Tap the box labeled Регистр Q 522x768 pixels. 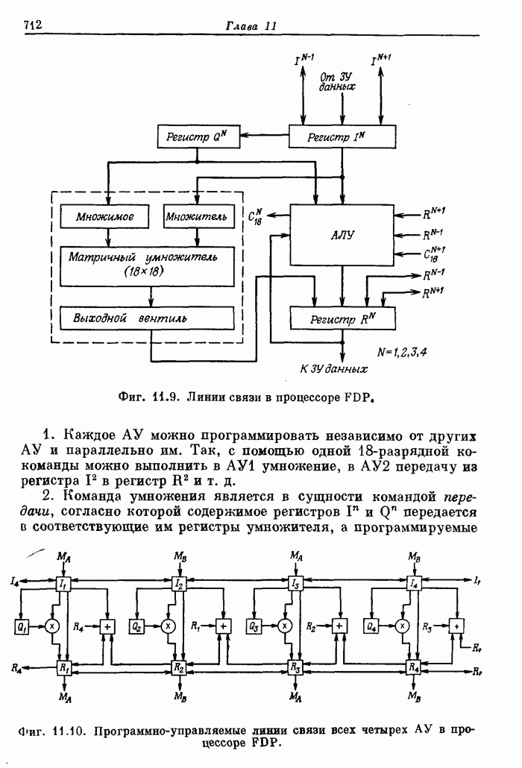point(196,136)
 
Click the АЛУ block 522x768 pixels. point(342,235)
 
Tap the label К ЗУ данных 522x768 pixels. point(333,368)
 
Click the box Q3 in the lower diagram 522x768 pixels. point(254,626)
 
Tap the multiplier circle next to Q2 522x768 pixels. point(168,626)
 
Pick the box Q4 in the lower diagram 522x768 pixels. point(371,626)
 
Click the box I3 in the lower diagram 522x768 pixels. point(296,584)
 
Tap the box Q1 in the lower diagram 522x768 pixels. point(21,626)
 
